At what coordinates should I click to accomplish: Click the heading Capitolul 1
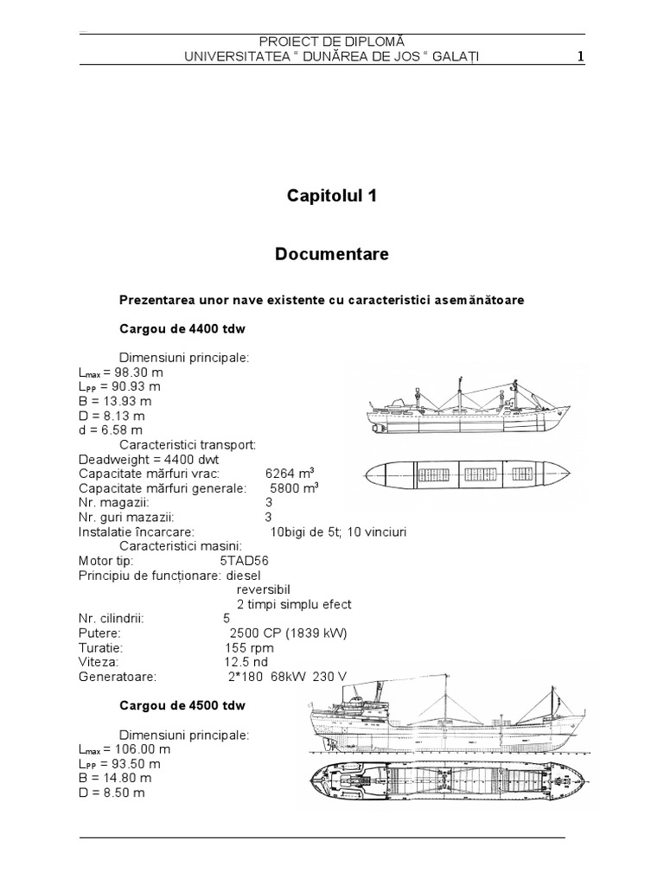coord(331,196)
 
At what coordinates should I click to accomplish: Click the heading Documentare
coord(331,254)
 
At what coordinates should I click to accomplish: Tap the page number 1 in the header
coord(581,57)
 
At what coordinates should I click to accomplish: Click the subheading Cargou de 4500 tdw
coord(182,705)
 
